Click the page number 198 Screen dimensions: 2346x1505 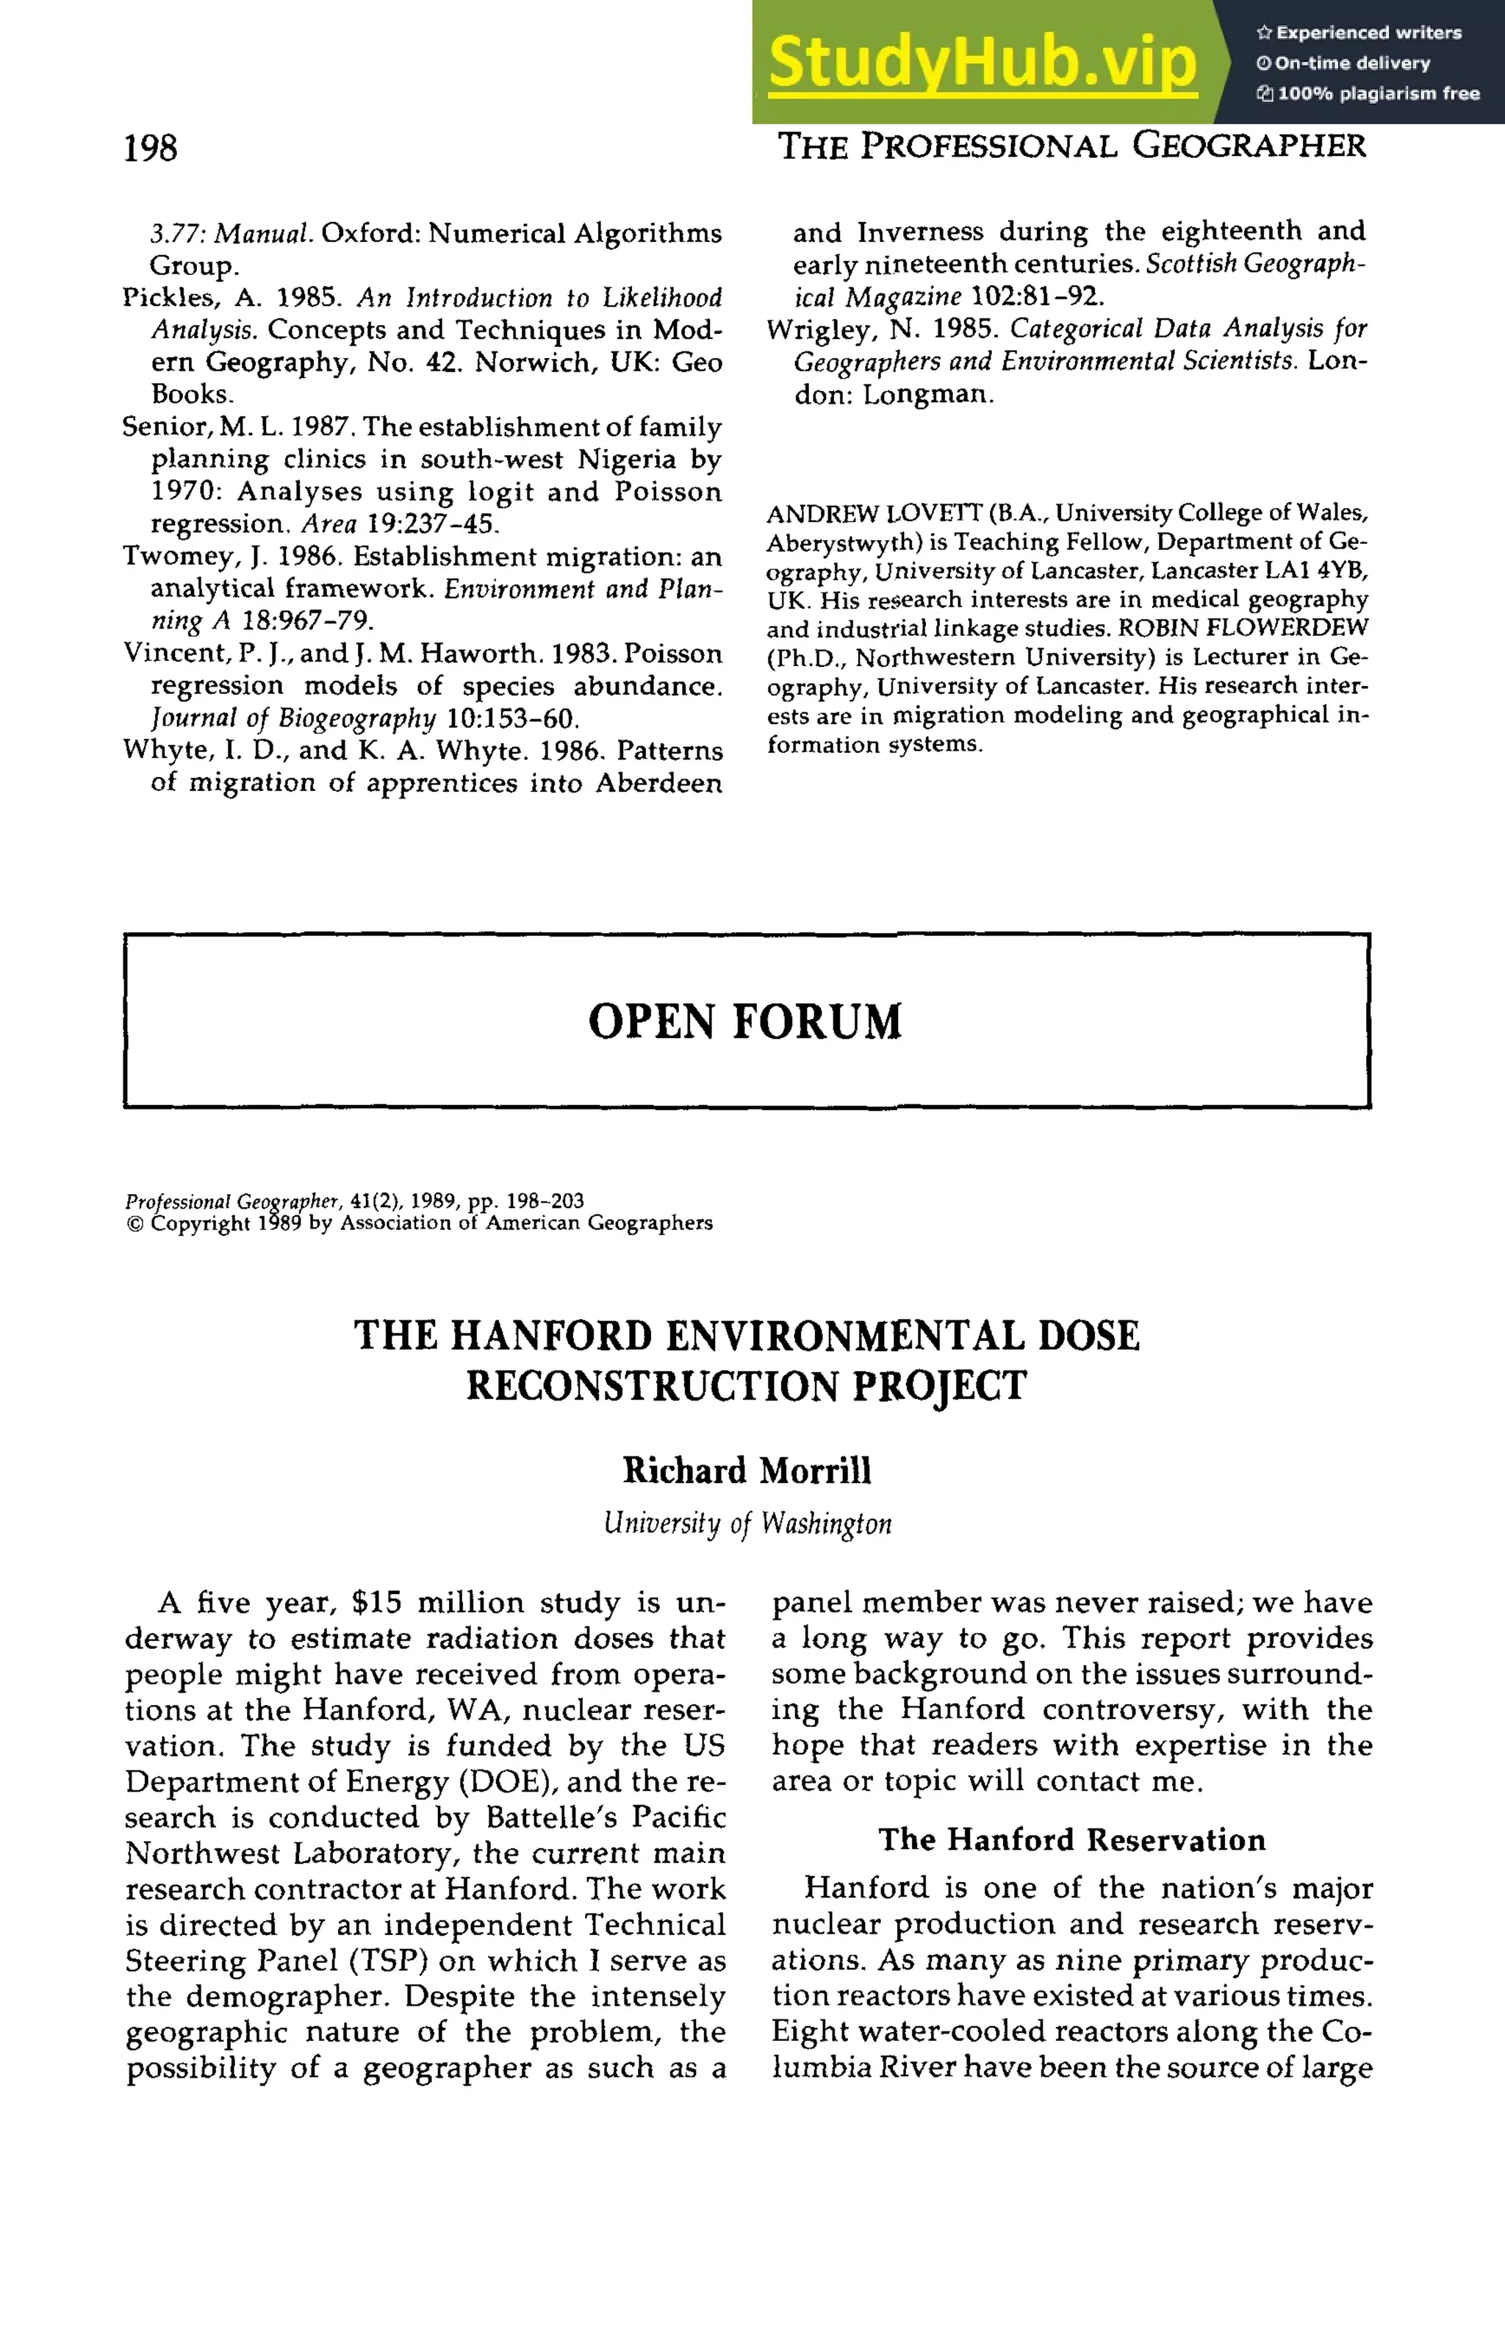(x=151, y=149)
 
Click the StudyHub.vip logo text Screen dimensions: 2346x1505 (x=983, y=62)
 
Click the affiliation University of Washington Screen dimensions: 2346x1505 (x=747, y=1523)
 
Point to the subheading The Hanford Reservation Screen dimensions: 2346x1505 (x=1071, y=1839)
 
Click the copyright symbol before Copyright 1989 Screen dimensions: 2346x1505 (x=135, y=1223)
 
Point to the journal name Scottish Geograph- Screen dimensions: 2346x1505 (x=1255, y=264)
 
